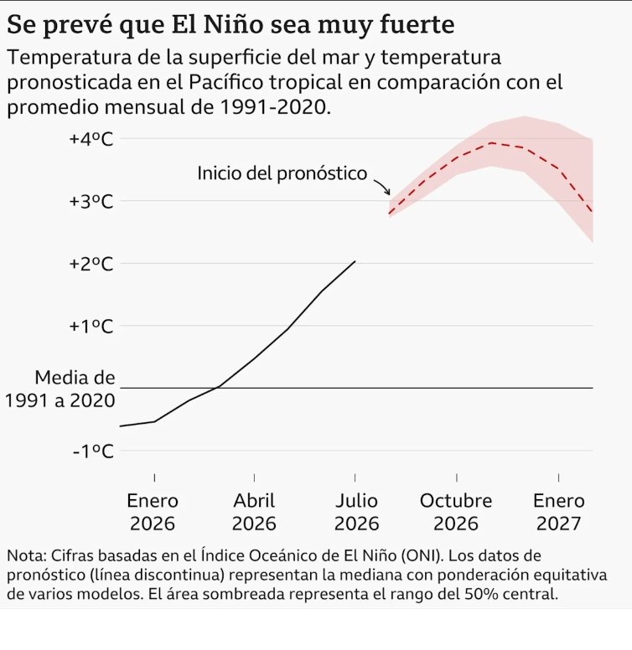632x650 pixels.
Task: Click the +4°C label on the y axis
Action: pyautogui.click(x=91, y=139)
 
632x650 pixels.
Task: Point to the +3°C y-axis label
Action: pyautogui.click(x=91, y=202)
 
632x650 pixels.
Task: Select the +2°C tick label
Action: pyautogui.click(x=91, y=264)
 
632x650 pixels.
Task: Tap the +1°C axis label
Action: pyautogui.click(x=91, y=326)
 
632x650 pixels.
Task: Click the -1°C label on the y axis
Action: pyautogui.click(x=93, y=451)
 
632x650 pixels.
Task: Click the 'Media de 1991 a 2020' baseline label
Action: pyautogui.click(x=60, y=389)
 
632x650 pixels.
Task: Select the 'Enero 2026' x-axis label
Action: pyautogui.click(x=153, y=512)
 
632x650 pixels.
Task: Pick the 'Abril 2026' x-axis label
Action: pyautogui.click(x=254, y=512)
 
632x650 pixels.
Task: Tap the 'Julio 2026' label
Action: pyautogui.click(x=356, y=512)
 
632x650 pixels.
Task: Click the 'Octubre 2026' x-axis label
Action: pyautogui.click(x=456, y=512)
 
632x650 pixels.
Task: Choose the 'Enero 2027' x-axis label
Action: pyautogui.click(x=559, y=512)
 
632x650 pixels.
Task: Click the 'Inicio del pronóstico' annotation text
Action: pyautogui.click(x=282, y=173)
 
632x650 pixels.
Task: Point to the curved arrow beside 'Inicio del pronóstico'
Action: pyautogui.click(x=383, y=186)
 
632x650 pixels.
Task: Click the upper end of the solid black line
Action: pyautogui.click(x=355, y=261)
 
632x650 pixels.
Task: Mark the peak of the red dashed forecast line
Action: pyautogui.click(x=491, y=143)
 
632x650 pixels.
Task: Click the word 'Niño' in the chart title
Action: pyautogui.click(x=234, y=24)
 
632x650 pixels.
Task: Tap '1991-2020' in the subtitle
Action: pyautogui.click(x=275, y=107)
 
